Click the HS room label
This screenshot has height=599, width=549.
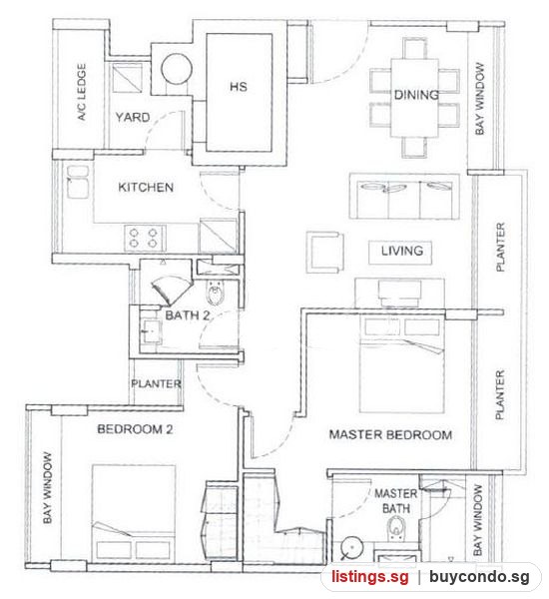(239, 86)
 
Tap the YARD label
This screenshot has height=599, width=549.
(132, 117)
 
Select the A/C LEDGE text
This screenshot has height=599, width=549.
(82, 92)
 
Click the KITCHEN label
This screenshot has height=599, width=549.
(146, 188)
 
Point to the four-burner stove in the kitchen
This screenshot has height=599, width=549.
(144, 238)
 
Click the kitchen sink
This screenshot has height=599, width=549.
(78, 182)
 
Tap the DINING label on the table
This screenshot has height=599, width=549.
(416, 95)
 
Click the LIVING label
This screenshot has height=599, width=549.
(402, 251)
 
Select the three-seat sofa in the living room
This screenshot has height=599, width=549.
(404, 197)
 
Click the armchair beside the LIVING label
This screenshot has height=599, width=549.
(324, 253)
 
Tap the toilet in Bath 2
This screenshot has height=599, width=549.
(216, 292)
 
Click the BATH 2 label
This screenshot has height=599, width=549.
(188, 315)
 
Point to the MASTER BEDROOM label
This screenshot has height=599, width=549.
(390, 434)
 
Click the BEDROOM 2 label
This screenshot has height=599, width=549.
(135, 429)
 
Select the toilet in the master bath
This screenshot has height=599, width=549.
(395, 529)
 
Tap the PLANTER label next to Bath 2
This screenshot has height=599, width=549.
(156, 383)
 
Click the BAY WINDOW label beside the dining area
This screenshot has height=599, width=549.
(480, 99)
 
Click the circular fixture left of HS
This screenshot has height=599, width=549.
(176, 69)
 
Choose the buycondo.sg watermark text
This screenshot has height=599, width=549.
(479, 577)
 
